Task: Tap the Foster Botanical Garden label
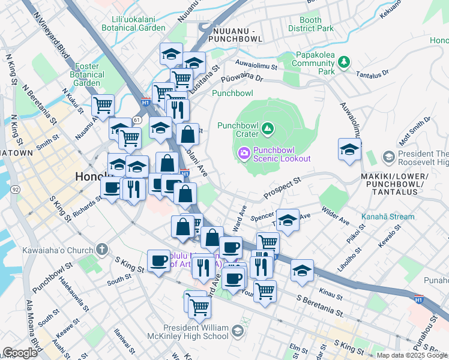point(89,75)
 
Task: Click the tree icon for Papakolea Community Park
point(343,62)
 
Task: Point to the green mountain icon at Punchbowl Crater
point(268,128)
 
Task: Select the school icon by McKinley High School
point(238,331)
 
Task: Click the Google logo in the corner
point(20,353)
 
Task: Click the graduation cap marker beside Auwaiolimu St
point(349,150)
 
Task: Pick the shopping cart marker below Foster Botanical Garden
point(103,106)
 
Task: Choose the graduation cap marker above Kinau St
point(301,270)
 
